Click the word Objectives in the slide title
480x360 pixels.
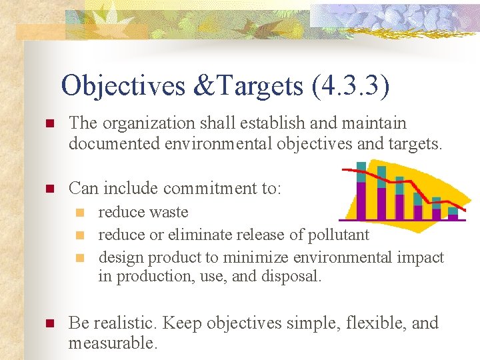click(123, 86)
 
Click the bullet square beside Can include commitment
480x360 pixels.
click(48, 189)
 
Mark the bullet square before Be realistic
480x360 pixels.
click(48, 324)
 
